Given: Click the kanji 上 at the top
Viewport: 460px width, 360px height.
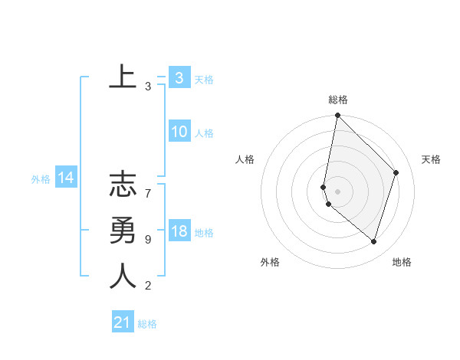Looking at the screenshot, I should pyautogui.click(x=123, y=77).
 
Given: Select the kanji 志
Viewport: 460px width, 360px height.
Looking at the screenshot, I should pyautogui.click(x=123, y=187).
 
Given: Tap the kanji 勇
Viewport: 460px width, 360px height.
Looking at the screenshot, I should pyautogui.click(x=123, y=231).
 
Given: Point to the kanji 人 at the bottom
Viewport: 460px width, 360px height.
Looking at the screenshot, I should pyautogui.click(x=123, y=276).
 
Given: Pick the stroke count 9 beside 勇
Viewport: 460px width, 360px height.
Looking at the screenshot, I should pyautogui.click(x=148, y=240).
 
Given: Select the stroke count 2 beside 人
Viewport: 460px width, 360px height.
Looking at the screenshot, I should pyautogui.click(x=148, y=286).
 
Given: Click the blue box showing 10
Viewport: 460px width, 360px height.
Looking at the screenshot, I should pyautogui.click(x=179, y=132).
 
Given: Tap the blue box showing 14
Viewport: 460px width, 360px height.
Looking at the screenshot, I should pyautogui.click(x=65, y=178).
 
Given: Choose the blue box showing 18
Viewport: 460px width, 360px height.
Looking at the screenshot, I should pyautogui.click(x=179, y=231).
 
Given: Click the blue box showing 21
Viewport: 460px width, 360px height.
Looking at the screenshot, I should pyautogui.click(x=122, y=322).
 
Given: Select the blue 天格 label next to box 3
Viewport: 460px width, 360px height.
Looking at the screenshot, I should pyautogui.click(x=204, y=80).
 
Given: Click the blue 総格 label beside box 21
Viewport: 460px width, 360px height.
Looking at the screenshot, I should pyautogui.click(x=147, y=324).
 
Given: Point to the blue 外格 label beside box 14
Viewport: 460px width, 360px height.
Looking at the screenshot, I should pyautogui.click(x=41, y=179).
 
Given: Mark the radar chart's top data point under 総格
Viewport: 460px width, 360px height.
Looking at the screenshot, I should pyautogui.click(x=337, y=116).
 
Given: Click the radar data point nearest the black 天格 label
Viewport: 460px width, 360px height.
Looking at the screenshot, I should pyautogui.click(x=396, y=172).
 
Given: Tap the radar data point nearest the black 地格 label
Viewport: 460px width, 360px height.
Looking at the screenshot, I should pyautogui.click(x=373, y=241).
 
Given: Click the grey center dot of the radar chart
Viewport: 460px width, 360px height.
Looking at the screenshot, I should pyautogui.click(x=337, y=191).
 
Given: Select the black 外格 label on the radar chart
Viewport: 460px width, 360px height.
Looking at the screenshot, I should pyautogui.click(x=270, y=262).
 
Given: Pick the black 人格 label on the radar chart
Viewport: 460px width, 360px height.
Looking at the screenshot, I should pyautogui.click(x=245, y=159).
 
